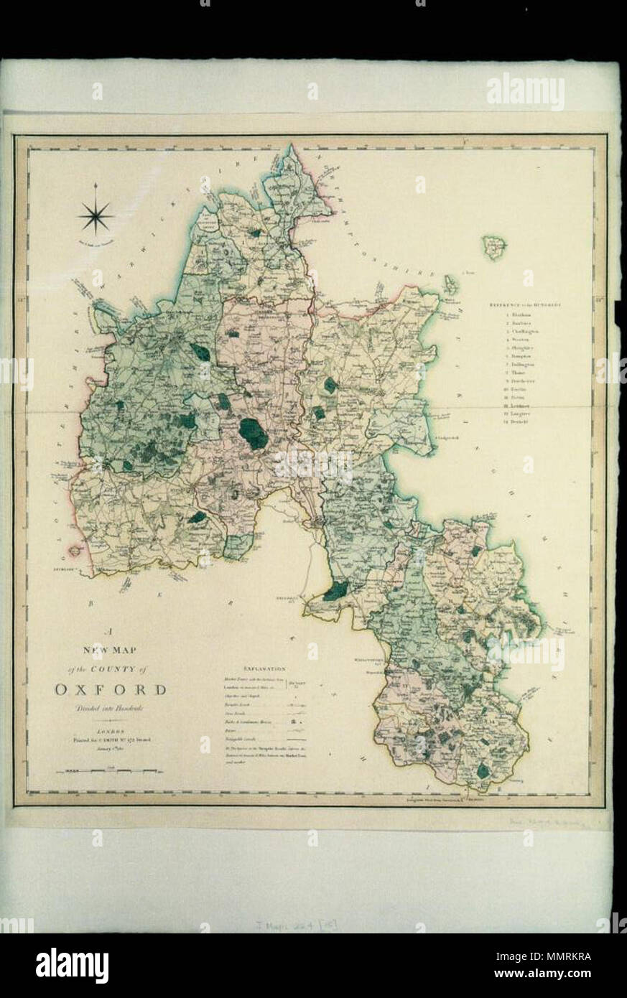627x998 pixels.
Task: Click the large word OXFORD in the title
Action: click(111, 691)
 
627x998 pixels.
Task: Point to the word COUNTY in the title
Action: click(113, 669)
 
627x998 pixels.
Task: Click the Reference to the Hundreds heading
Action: click(529, 305)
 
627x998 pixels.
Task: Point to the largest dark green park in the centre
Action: click(253, 433)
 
